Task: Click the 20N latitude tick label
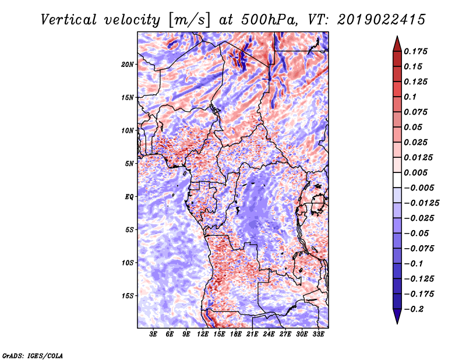tap(127, 65)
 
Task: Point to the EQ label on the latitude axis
tap(129, 197)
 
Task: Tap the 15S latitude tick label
tap(128, 296)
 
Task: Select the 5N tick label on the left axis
tap(129, 164)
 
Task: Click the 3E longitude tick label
tap(153, 334)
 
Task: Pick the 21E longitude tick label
tap(252, 334)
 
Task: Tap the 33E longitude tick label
tap(318, 334)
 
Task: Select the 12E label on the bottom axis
tap(202, 334)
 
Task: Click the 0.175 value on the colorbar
tap(415, 51)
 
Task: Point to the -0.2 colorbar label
tap(414, 309)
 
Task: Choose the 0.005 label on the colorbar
tap(415, 172)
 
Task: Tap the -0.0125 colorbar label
tap(421, 203)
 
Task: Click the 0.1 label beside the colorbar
tap(410, 97)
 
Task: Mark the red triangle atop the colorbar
tap(397, 44)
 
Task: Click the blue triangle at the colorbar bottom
tap(397, 316)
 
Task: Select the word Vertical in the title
tap(69, 20)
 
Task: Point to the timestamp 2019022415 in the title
tap(382, 20)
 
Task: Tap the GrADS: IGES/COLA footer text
tap(33, 356)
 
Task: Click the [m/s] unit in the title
tap(189, 20)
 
